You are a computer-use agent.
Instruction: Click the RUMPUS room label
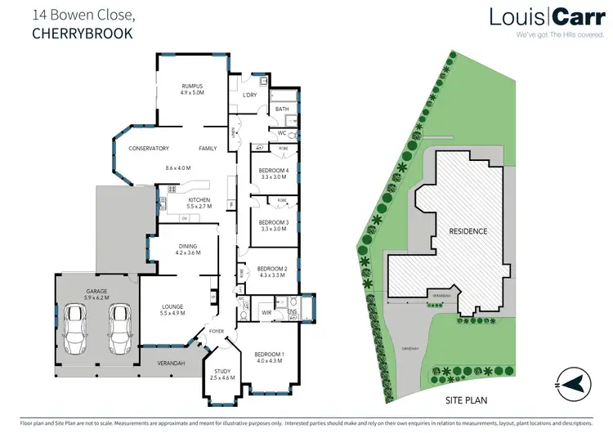point(192,86)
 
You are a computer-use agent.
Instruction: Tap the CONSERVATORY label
point(148,148)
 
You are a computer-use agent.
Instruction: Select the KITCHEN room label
point(199,200)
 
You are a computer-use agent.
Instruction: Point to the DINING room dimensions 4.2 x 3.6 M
point(187,252)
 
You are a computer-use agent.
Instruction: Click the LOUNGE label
point(172,306)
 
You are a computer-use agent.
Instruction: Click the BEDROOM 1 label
point(271,353)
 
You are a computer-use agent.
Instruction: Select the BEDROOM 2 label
point(272,269)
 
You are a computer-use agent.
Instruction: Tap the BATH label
point(282,109)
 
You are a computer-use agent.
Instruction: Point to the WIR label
point(266,311)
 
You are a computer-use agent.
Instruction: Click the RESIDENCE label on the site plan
point(468,231)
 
